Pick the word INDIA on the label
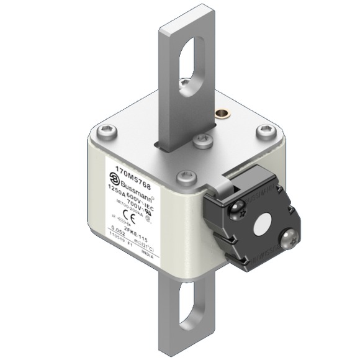(148, 254)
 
